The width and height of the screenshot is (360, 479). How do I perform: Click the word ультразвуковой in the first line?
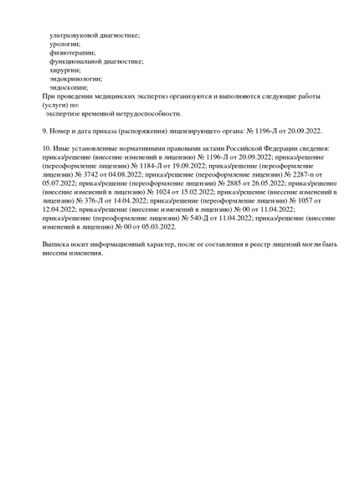coord(73,35)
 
